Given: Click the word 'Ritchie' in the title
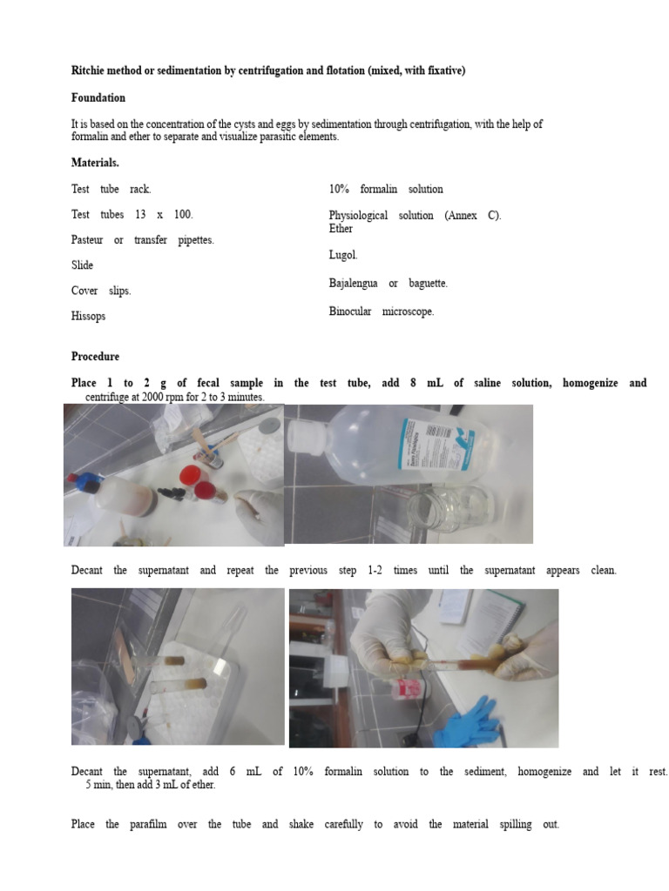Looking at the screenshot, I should (88, 71).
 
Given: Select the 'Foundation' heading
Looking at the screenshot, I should (98, 98).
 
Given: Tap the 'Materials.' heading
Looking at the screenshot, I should (95, 163).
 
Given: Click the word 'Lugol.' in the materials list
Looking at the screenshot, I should (343, 256).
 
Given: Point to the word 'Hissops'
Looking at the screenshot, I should (88, 317).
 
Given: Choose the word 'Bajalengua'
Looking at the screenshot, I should (353, 284).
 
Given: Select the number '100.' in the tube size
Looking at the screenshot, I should (183, 215).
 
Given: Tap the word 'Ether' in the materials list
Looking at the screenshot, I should (341, 229).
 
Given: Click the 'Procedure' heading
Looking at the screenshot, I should (95, 357).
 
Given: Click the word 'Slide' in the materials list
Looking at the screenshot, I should (82, 265).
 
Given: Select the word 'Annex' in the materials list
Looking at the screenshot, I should (460, 216).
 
